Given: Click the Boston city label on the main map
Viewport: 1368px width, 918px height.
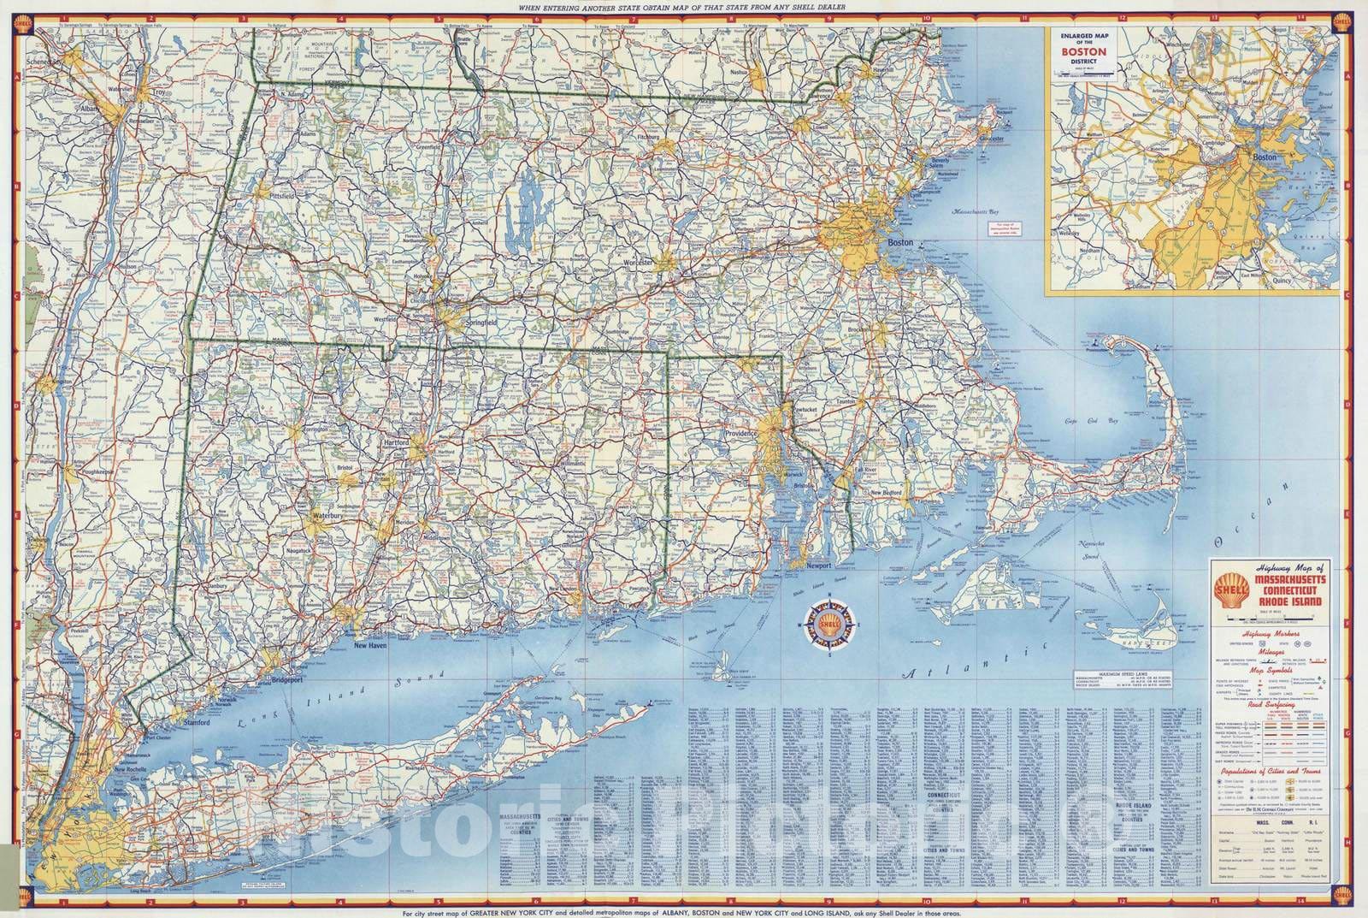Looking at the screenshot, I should coord(900,242).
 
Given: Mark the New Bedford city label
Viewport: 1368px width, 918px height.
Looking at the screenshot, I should coord(888,493).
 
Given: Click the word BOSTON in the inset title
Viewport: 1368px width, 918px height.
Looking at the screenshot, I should coord(1083,50).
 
